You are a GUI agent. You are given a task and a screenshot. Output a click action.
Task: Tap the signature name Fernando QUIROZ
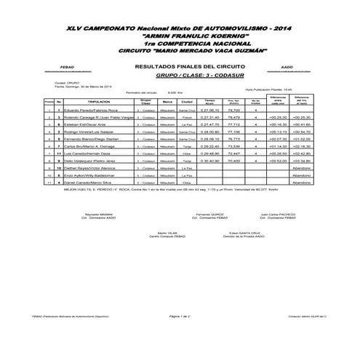pyautogui.click(x=208, y=215)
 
